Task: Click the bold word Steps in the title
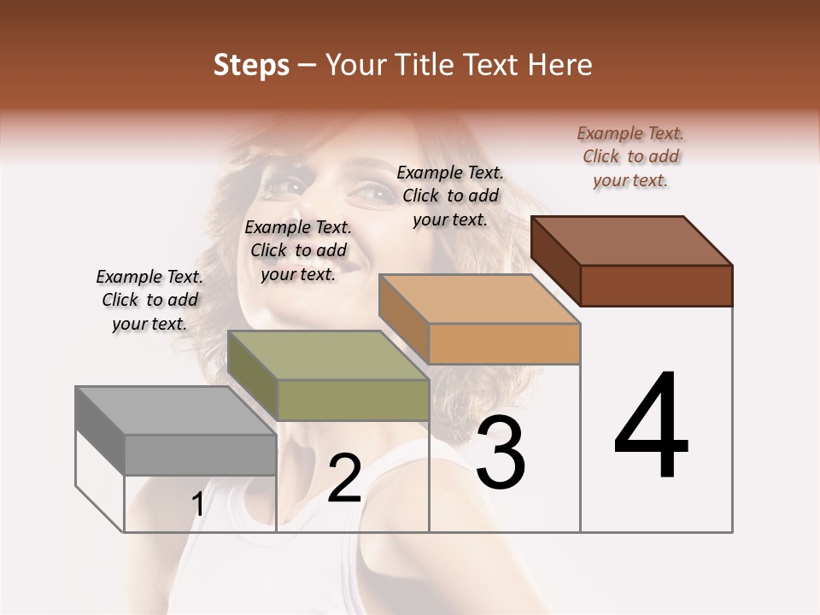251,65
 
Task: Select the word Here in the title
560,65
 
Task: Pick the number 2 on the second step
344,478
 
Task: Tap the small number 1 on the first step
197,505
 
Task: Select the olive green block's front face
353,400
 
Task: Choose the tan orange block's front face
504,343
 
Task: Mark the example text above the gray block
149,300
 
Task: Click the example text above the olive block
298,250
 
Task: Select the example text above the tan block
450,196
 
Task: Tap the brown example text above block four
630,156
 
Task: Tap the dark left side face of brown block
555,261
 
